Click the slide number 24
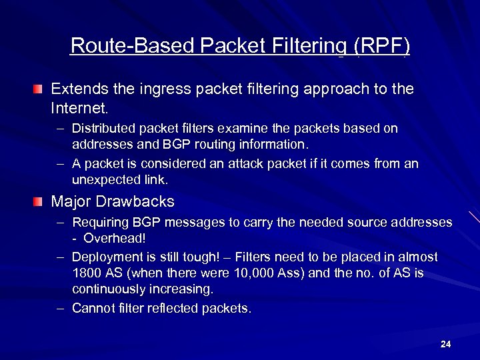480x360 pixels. pyautogui.click(x=446, y=344)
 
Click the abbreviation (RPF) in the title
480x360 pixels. pyautogui.click(x=382, y=46)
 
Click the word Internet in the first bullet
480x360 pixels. pyautogui.click(x=79, y=107)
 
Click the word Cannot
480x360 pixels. pyautogui.click(x=91, y=308)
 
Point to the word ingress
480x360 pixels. pyautogui.click(x=159, y=89)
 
